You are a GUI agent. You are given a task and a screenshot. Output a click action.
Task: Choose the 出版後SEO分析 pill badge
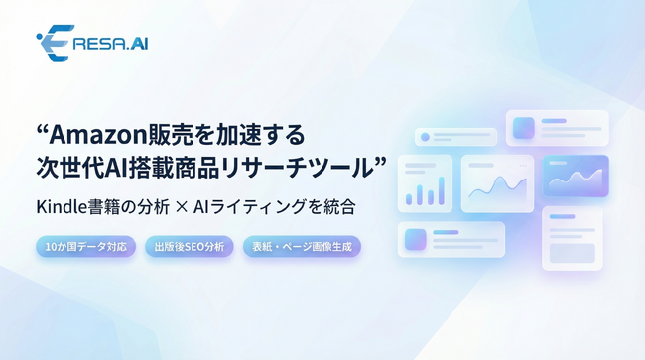click(190, 246)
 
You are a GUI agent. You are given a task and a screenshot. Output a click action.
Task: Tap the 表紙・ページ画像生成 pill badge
click(302, 246)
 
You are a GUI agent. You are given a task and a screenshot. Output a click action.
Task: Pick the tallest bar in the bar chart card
click(440, 190)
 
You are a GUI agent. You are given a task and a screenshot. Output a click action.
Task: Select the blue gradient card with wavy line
click(575, 176)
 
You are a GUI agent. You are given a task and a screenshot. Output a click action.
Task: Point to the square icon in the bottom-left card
click(416, 239)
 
